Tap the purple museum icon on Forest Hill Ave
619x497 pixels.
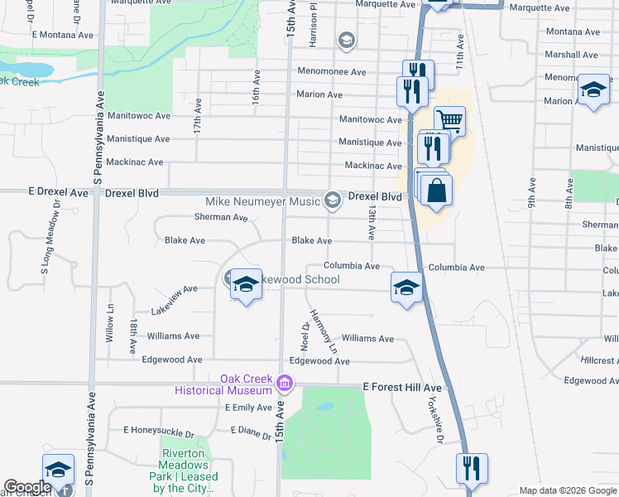click(285, 384)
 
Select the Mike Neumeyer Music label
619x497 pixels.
click(263, 201)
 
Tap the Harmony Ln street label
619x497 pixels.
click(324, 332)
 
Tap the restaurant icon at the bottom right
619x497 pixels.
click(472, 469)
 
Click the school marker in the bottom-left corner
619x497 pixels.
click(58, 470)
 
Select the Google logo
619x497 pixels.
click(27, 488)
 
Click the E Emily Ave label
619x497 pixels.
click(248, 408)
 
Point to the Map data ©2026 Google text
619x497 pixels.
click(567, 490)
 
